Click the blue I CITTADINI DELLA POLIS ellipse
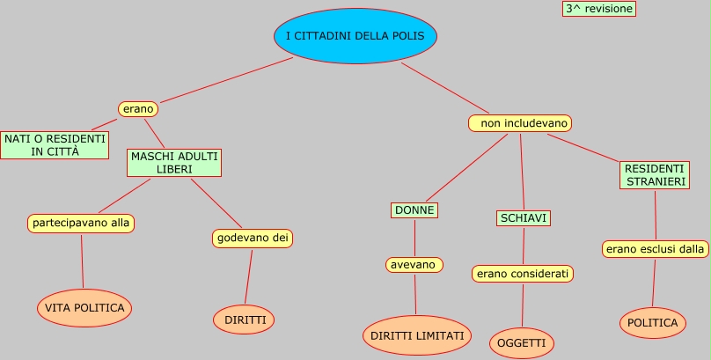click(355, 37)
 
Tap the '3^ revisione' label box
click(598, 8)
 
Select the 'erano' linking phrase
click(138, 108)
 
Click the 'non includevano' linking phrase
click(520, 123)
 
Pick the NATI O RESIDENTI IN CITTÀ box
click(55, 145)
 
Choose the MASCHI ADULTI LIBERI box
click(174, 162)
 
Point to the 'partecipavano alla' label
click(81, 223)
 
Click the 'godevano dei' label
click(253, 238)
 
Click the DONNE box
click(414, 210)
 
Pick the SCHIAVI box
click(524, 217)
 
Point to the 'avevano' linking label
click(414, 264)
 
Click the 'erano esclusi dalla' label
click(656, 249)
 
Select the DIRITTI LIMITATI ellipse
click(417, 335)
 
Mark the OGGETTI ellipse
click(522, 342)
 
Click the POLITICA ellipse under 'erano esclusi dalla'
click(652, 322)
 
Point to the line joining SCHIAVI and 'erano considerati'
click(524, 246)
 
